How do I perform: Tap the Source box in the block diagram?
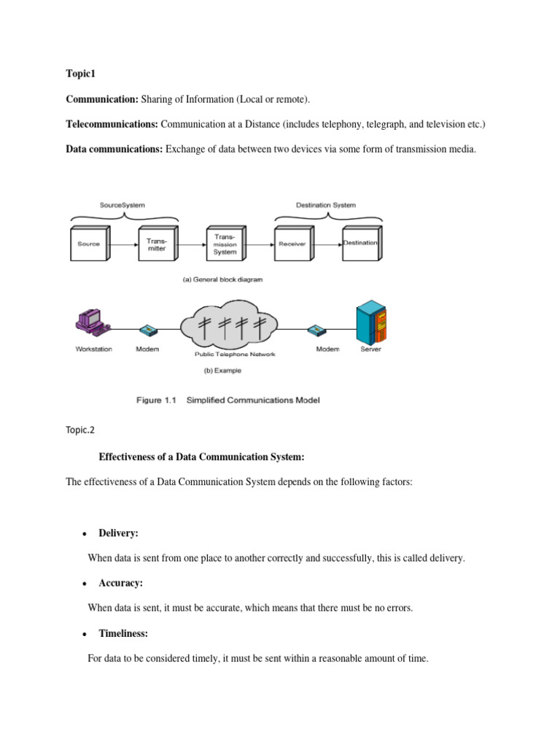pos(89,244)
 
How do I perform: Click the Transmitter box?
pos(157,244)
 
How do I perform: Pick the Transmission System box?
pos(225,244)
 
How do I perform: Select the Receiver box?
pos(292,244)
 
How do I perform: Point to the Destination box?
pos(359,244)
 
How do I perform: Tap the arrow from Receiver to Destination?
pos(327,244)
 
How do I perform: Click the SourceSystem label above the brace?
pos(124,206)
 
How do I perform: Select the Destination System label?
pos(325,206)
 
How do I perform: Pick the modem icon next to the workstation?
pos(148,329)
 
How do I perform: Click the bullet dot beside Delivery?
pos(85,535)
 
